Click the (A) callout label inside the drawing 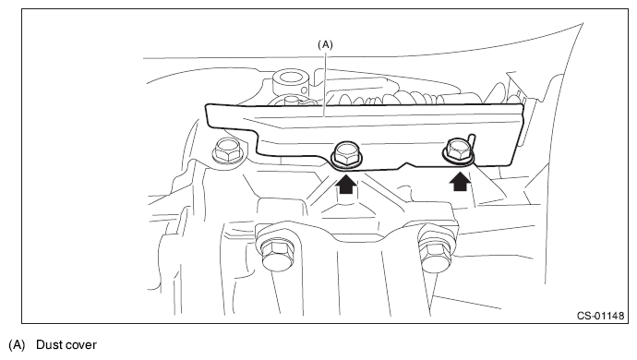tap(325, 44)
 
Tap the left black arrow tap(345, 184)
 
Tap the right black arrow tap(460, 182)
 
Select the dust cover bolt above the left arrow tap(346, 154)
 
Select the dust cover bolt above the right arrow tap(458, 150)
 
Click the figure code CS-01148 tap(600, 316)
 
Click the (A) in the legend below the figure tap(17, 345)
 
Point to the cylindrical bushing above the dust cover tap(291, 83)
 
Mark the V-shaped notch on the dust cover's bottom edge tap(407, 164)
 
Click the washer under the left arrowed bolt tap(346, 163)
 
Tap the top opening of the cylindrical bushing tap(291, 76)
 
